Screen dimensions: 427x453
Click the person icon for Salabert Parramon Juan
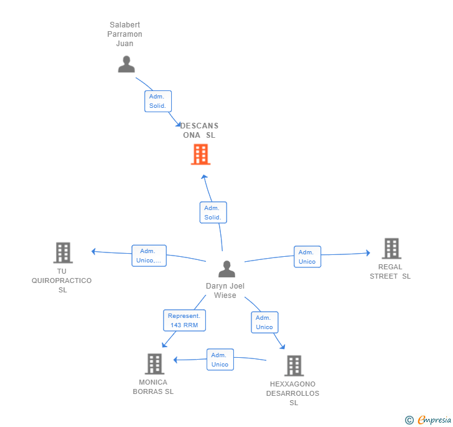pyautogui.click(x=126, y=64)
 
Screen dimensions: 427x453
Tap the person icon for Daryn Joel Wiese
pyautogui.click(x=226, y=269)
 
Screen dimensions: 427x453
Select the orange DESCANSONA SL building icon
pyautogui.click(x=200, y=154)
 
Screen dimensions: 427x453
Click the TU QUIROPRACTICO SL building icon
pyautogui.click(x=63, y=252)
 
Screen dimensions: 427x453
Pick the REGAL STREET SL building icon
pyautogui.click(x=391, y=248)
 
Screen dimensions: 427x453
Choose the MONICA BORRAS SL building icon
pyautogui.click(x=154, y=363)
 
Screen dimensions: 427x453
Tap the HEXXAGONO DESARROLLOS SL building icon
pyautogui.click(x=294, y=365)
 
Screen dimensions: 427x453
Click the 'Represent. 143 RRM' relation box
pyautogui.click(x=184, y=320)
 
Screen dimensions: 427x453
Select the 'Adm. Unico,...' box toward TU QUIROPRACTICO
pyautogui.click(x=149, y=256)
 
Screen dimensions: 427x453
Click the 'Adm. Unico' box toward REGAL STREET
pyautogui.click(x=307, y=257)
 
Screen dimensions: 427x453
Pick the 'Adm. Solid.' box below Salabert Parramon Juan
pyautogui.click(x=158, y=101)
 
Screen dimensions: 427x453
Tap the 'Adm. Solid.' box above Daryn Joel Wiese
pyautogui.click(x=213, y=213)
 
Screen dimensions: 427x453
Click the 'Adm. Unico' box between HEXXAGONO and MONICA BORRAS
pyautogui.click(x=220, y=360)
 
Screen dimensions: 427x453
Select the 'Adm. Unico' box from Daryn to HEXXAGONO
pyautogui.click(x=264, y=322)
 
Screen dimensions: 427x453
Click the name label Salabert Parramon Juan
pyautogui.click(x=125, y=34)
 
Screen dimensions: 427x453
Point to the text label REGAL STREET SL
pyautogui.click(x=390, y=272)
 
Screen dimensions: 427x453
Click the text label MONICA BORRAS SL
pyautogui.click(x=153, y=387)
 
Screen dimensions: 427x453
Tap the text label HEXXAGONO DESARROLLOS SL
pyautogui.click(x=293, y=393)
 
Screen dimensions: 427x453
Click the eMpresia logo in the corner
pyautogui.click(x=428, y=420)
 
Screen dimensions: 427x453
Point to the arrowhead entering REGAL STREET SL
pyautogui.click(x=368, y=252)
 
